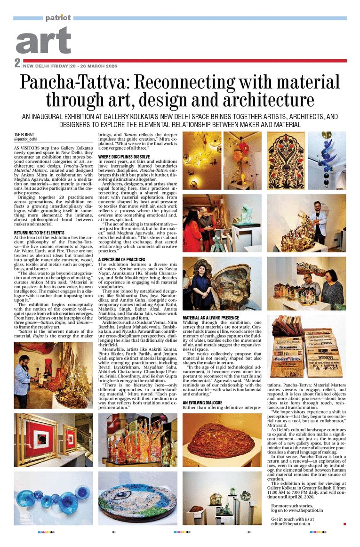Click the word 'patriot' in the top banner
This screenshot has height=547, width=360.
click(x=58, y=18)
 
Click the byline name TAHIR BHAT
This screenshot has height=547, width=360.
click(x=24, y=135)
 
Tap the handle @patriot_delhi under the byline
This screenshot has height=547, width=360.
click(x=25, y=140)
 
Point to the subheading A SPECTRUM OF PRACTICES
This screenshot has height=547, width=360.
click(x=122, y=259)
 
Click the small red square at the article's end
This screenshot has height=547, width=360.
click(x=344, y=523)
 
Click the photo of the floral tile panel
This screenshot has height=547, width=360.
click(x=286, y=161)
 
